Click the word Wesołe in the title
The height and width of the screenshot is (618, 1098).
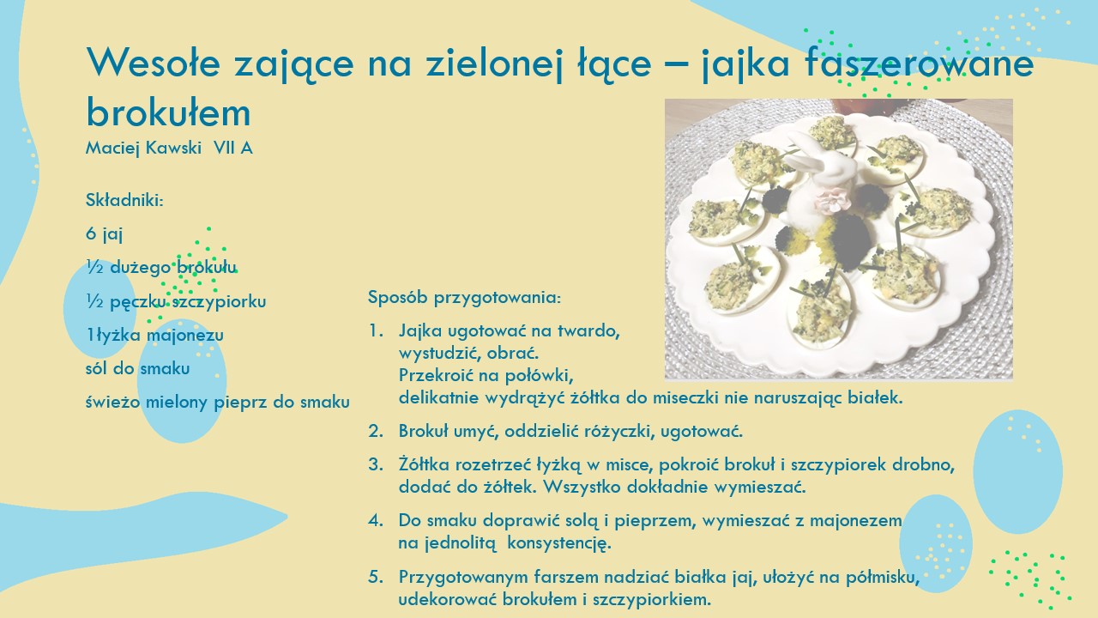click(x=153, y=63)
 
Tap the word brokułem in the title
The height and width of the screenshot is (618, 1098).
click(x=169, y=112)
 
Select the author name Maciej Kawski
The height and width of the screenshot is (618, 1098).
click(x=143, y=148)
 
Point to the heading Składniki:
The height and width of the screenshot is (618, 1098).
click(x=124, y=200)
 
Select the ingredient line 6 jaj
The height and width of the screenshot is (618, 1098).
click(x=104, y=234)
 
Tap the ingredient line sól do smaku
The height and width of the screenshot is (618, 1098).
click(x=138, y=368)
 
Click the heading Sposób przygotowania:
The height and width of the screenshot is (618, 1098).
click(x=464, y=298)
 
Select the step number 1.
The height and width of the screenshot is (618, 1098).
click(x=376, y=331)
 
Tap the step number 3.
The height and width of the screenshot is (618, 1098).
click(x=376, y=464)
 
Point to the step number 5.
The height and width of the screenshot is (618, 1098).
click(x=376, y=577)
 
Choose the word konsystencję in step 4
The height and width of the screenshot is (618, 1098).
click(x=559, y=543)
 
